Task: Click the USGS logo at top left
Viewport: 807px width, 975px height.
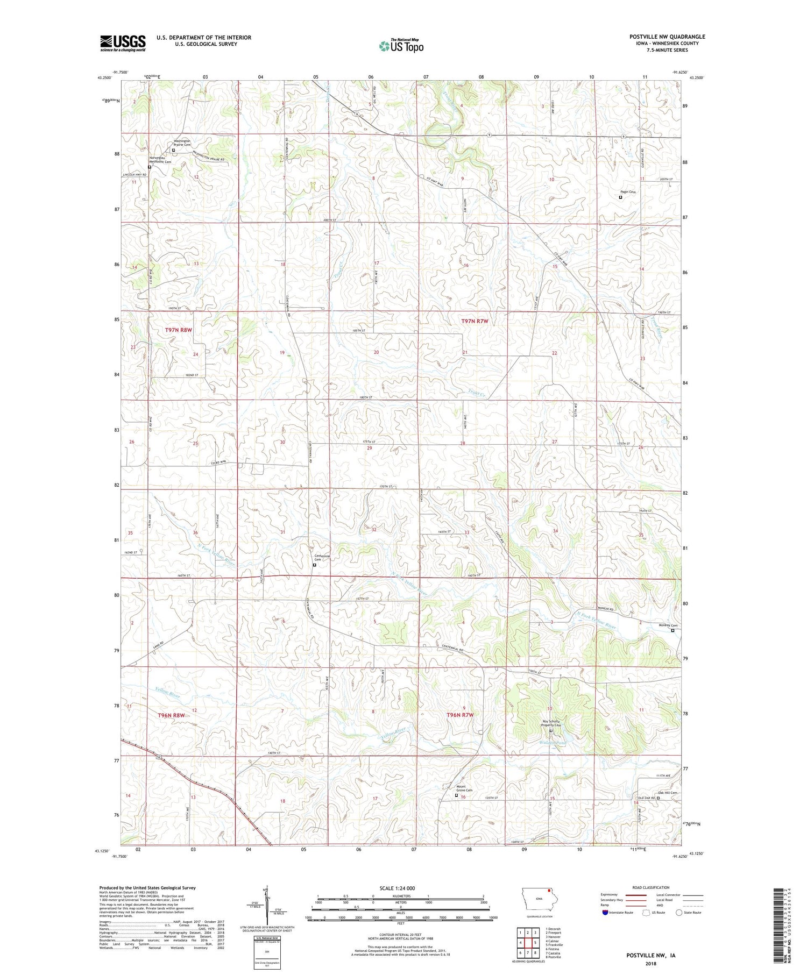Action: pos(123,43)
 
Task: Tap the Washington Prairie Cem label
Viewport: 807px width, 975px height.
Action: pos(182,143)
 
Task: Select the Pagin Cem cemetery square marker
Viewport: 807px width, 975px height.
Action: pos(620,197)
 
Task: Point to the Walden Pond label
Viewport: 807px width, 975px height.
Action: pos(551,743)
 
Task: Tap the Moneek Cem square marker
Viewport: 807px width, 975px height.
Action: pos(672,631)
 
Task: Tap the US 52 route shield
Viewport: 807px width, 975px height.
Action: pos(160,757)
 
